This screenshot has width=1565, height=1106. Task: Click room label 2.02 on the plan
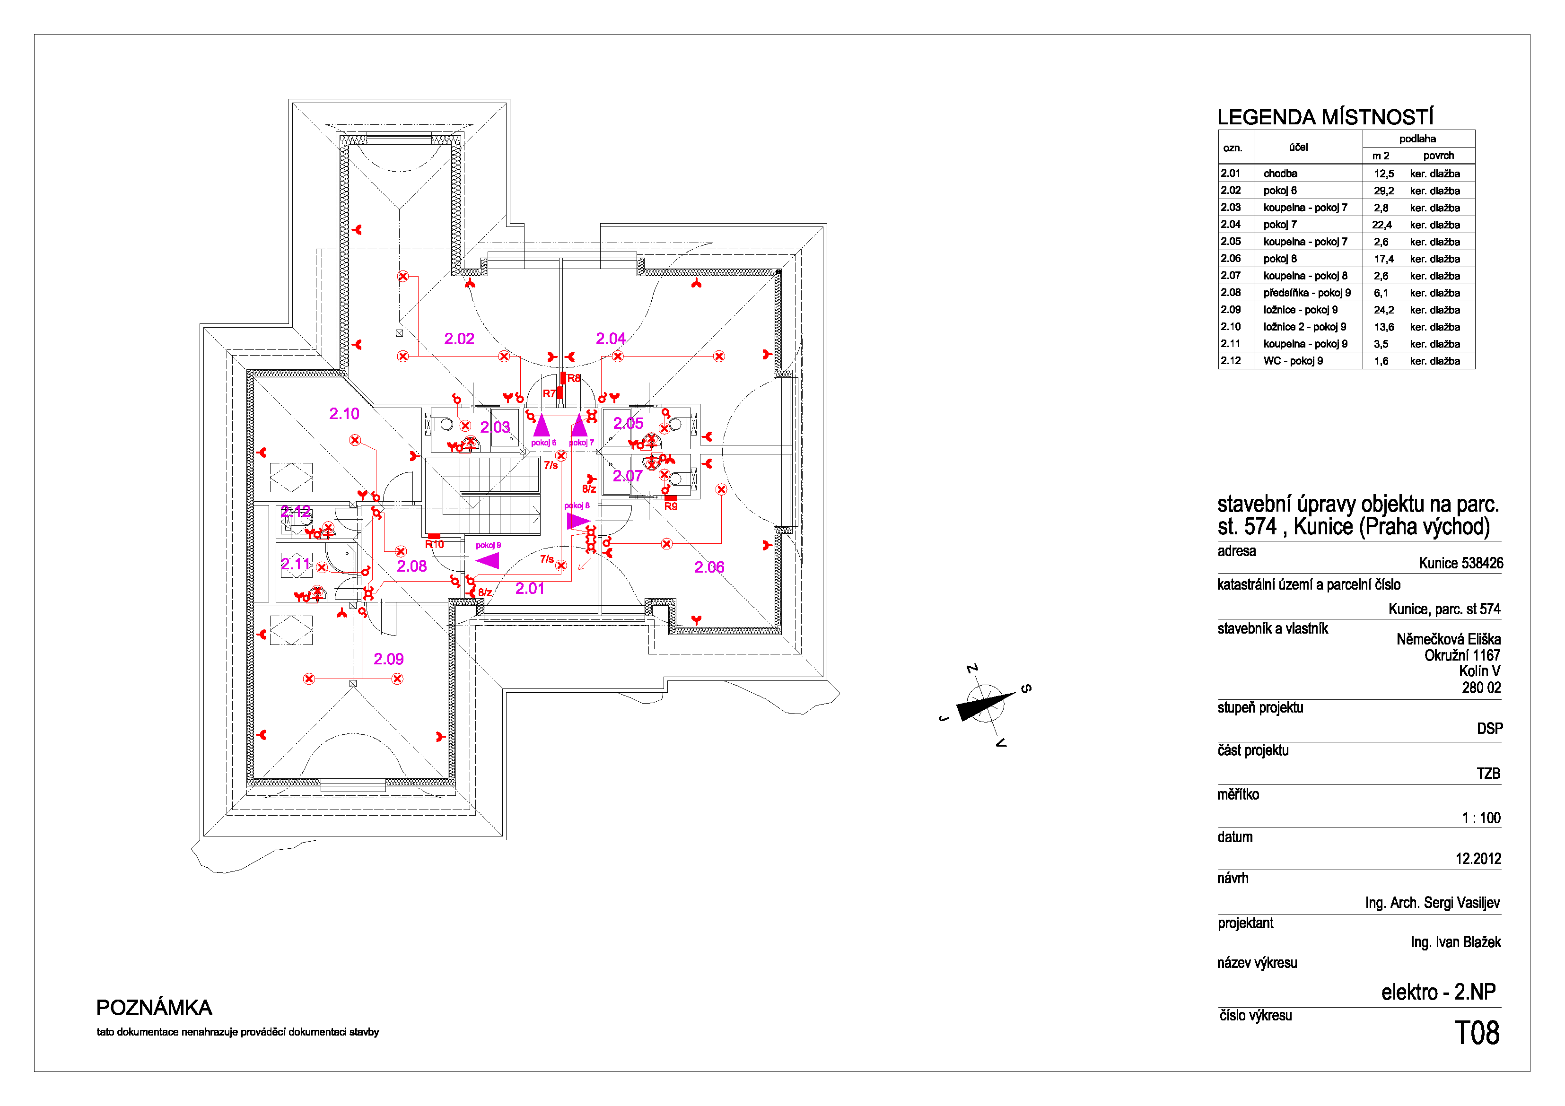tap(459, 339)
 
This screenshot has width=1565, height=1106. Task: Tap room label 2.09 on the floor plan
tap(388, 659)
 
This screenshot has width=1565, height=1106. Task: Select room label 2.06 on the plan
tap(709, 567)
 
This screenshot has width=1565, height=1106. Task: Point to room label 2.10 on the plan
tap(344, 414)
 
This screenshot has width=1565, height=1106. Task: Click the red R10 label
tap(434, 544)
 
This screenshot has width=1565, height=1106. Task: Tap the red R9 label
tap(671, 506)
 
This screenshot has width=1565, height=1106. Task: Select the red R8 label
tap(574, 378)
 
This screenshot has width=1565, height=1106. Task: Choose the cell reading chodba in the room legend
tap(1280, 174)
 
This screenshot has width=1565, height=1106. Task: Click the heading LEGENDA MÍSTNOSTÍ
tap(1325, 117)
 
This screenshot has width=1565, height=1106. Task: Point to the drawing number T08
tap(1477, 1033)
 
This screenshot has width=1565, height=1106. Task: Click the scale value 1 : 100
tap(1481, 818)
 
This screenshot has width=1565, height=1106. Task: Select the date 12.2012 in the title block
tap(1478, 859)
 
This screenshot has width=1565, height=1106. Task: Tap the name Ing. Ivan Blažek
tap(1456, 942)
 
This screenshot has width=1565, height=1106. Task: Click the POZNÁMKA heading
tap(154, 1007)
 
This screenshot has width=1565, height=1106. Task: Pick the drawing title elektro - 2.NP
tap(1438, 992)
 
